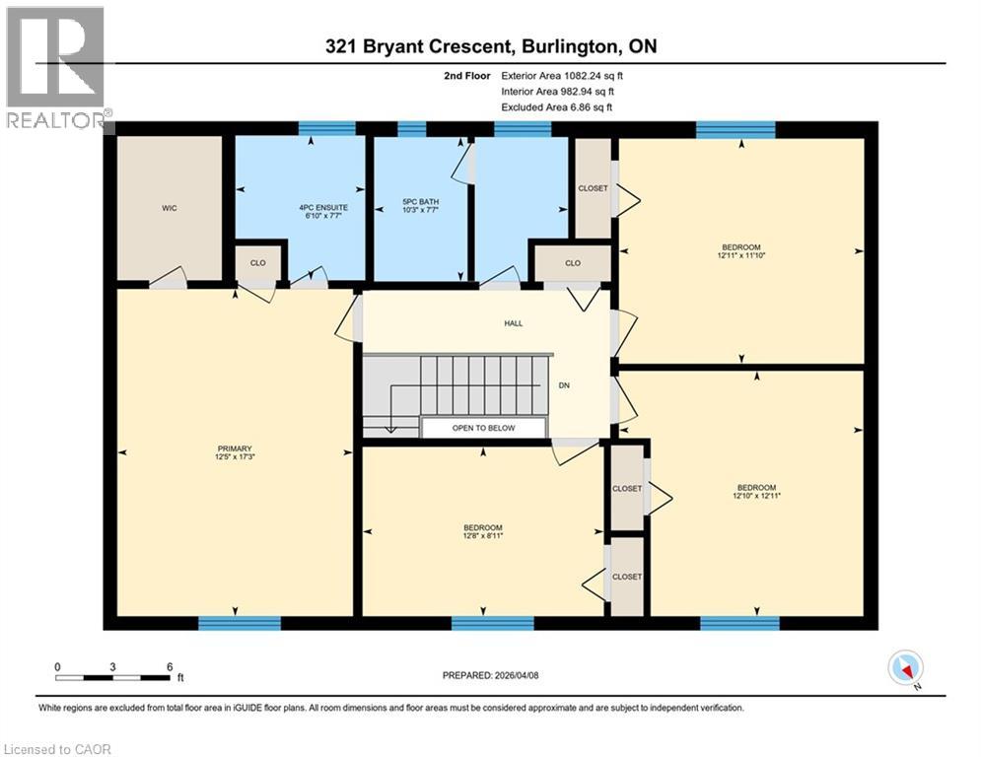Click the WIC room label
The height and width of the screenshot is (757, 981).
170,209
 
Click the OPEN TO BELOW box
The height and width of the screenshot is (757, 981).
483,428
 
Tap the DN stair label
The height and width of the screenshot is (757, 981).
564,386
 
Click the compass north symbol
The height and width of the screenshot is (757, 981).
904,669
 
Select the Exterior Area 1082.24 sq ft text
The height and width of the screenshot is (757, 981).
563,75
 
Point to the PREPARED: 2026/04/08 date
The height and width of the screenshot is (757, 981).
490,675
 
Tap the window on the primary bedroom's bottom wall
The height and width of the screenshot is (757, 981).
239,623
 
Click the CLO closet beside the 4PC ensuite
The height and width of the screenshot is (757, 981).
258,263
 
